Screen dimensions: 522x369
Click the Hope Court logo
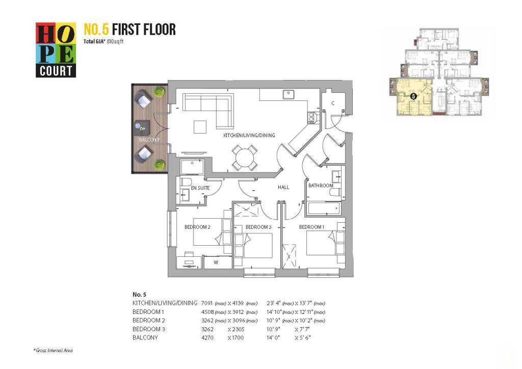point(56,50)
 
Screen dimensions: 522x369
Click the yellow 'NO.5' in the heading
point(96,30)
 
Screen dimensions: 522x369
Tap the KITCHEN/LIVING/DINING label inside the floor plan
point(249,135)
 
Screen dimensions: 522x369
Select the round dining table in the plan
point(245,157)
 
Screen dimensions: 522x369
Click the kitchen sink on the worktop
point(289,94)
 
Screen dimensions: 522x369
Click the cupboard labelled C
point(332,103)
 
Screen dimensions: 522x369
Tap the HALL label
point(283,188)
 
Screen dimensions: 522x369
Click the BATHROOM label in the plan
point(321,186)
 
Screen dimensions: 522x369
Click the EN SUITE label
point(200,188)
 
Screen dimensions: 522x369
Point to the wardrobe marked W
point(217,262)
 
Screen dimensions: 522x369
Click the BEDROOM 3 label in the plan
point(258,227)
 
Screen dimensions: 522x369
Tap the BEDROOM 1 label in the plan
point(311,227)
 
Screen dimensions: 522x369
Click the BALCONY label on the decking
point(149,140)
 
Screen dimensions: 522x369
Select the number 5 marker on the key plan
point(413,96)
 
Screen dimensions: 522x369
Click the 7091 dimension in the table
point(207,303)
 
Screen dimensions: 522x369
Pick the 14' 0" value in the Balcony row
point(274,338)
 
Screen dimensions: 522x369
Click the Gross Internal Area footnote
point(53,350)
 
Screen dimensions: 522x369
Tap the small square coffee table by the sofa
point(200,127)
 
